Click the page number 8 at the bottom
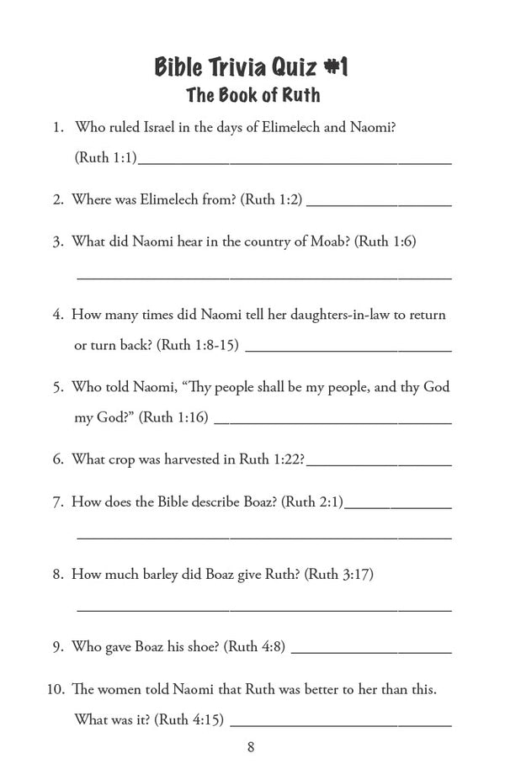(251, 746)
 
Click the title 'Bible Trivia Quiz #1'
(251, 66)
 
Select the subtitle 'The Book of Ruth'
(251, 95)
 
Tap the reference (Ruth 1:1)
(105, 157)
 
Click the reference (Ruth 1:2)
(271, 199)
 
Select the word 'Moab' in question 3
(328, 241)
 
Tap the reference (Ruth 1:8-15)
(198, 345)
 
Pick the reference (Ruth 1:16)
(173, 417)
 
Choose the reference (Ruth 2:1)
(311, 501)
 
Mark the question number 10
(55, 689)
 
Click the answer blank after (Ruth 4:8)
(370, 650)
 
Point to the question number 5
(58, 387)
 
